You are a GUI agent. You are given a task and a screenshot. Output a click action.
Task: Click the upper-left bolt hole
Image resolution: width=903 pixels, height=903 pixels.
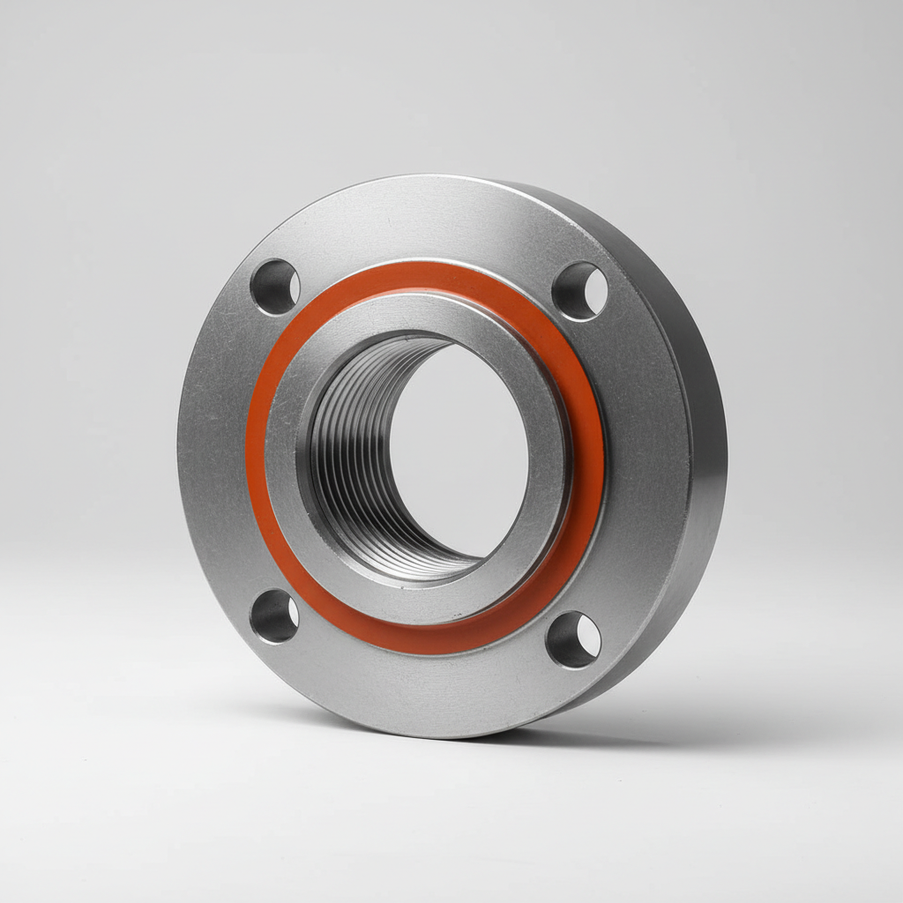click(275, 287)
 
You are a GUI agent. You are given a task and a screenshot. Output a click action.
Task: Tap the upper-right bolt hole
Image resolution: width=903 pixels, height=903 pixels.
click(580, 291)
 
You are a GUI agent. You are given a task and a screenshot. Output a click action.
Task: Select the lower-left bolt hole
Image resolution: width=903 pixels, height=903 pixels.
click(274, 616)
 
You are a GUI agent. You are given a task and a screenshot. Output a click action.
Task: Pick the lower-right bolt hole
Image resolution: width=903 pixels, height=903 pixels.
click(573, 639)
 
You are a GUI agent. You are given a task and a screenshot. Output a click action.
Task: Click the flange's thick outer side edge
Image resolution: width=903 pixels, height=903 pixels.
click(701, 459)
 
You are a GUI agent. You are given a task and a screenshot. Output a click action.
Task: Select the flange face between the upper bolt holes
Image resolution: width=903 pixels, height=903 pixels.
click(423, 220)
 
